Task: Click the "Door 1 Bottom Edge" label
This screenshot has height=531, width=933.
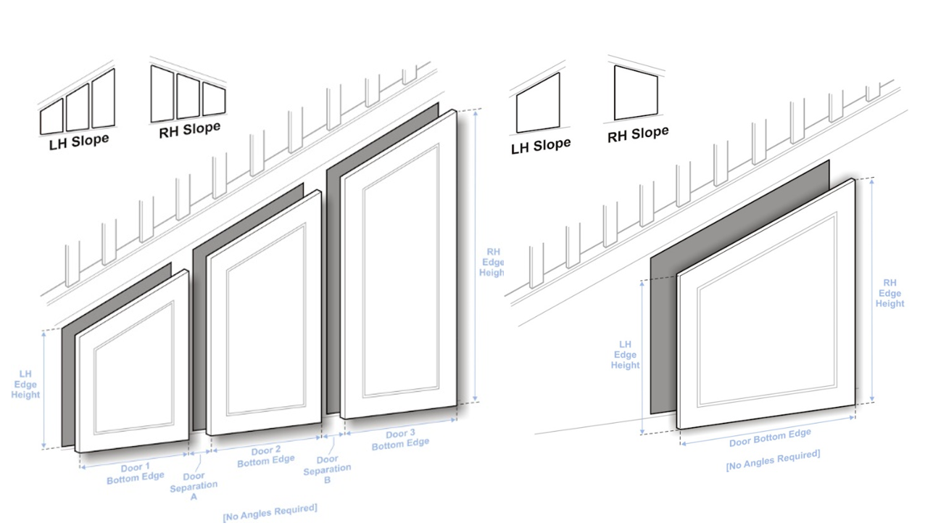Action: coord(136,474)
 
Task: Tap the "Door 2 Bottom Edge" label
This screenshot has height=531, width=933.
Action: coord(266,456)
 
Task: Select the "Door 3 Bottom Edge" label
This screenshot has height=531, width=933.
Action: coord(400,440)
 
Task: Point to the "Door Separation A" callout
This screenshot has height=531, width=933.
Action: coord(194,486)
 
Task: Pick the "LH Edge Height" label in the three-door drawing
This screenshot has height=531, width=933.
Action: coord(25,384)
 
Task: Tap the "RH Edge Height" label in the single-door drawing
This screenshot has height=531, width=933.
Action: coord(890,293)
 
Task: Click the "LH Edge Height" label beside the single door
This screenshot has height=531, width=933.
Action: coord(625,355)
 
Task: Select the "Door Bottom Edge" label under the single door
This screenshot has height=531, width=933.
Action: coord(770,437)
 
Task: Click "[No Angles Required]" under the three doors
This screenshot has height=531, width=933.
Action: coord(270,513)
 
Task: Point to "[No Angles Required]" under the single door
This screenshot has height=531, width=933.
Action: coord(773,460)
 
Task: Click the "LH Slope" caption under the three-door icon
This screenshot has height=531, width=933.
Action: coord(79,142)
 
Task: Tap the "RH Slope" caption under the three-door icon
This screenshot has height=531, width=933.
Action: coord(189,130)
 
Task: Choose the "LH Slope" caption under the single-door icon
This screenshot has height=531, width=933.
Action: coord(541,147)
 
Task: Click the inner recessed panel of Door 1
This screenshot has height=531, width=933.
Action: coord(134,368)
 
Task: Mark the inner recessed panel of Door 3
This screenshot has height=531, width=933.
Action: coord(401,271)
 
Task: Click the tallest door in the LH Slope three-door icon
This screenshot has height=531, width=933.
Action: coord(103,99)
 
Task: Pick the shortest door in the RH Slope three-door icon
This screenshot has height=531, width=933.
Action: coord(214,99)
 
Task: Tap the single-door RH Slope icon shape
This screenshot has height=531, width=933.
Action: coord(636,93)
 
